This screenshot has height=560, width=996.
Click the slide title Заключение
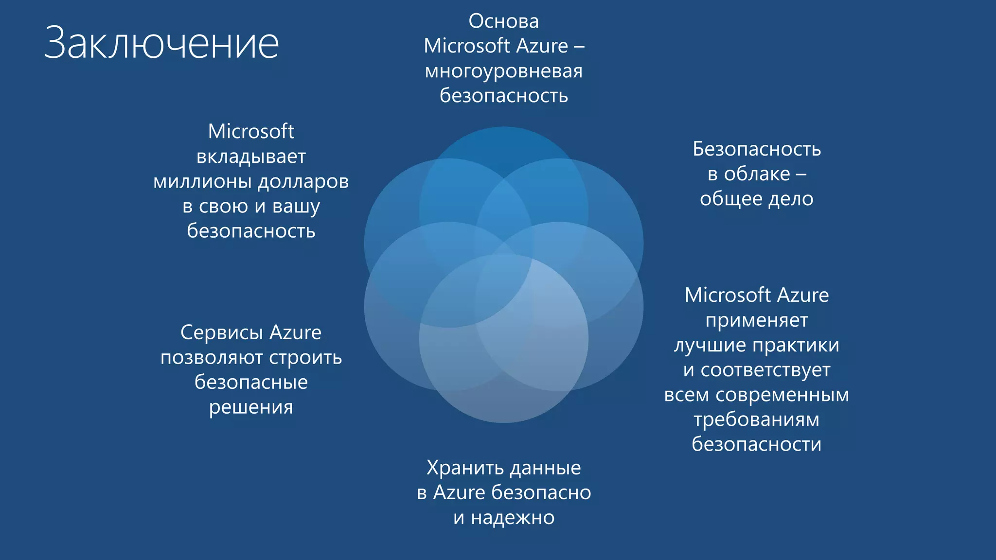pyautogui.click(x=161, y=44)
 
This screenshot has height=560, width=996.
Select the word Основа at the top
pyautogui.click(x=503, y=21)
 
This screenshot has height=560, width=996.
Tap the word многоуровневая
pyautogui.click(x=503, y=71)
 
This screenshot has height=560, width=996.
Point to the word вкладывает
pyautogui.click(x=251, y=157)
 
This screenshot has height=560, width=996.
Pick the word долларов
pyautogui.click(x=303, y=182)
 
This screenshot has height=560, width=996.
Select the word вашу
pyautogui.click(x=296, y=207)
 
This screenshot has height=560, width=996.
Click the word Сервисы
pyautogui.click(x=222, y=333)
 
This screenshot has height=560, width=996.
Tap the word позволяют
pyautogui.click(x=212, y=358)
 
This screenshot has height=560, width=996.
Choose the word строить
pyautogui.click(x=305, y=358)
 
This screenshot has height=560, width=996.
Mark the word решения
pyautogui.click(x=251, y=407)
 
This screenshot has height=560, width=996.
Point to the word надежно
pyautogui.click(x=513, y=518)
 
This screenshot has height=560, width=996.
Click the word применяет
pyautogui.click(x=757, y=321)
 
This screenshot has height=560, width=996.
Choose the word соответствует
pyautogui.click(x=765, y=370)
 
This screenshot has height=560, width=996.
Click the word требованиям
pyautogui.click(x=757, y=420)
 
